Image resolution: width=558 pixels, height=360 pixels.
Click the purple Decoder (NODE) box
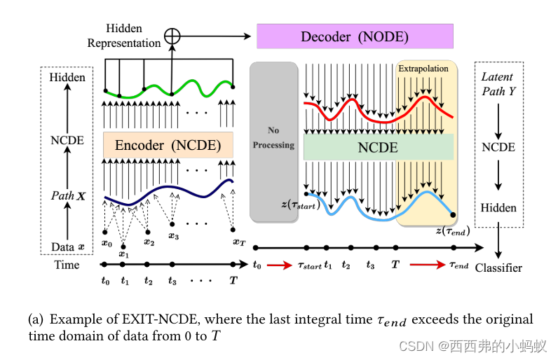pyautogui.click(x=355, y=36)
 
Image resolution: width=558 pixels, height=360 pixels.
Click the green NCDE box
pyautogui.click(x=379, y=148)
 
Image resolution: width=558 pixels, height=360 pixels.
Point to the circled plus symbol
pyautogui.click(x=172, y=35)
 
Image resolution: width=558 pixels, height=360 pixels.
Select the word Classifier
pyautogui.click(x=498, y=268)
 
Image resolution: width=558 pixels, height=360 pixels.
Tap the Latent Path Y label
pyautogui.click(x=498, y=83)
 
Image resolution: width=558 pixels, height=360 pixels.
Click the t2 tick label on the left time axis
pyautogui.click(x=148, y=281)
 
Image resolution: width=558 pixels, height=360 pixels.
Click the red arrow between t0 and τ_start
pyautogui.click(x=279, y=265)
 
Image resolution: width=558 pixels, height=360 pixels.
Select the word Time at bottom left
pyautogui.click(x=67, y=265)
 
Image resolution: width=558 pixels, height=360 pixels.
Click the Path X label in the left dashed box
pyautogui.click(x=67, y=195)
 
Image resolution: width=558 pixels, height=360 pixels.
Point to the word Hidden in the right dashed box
pyautogui.click(x=498, y=207)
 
